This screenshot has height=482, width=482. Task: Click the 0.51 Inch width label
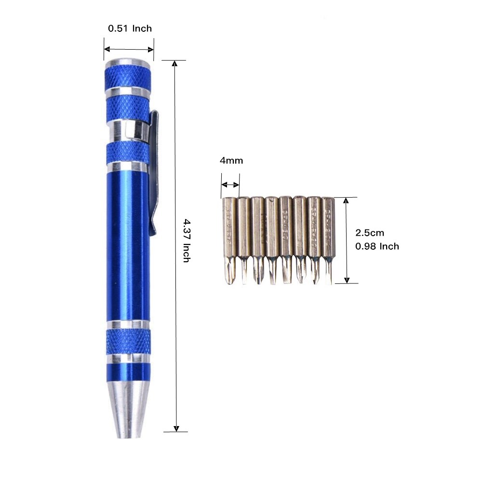(130, 28)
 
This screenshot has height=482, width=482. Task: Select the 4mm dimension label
(231, 161)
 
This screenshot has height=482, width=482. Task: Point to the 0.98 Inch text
(377, 246)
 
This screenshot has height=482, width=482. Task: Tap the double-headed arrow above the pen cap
(129, 49)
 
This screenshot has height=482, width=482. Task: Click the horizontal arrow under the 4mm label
(230, 184)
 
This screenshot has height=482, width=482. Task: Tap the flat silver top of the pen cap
(128, 62)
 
